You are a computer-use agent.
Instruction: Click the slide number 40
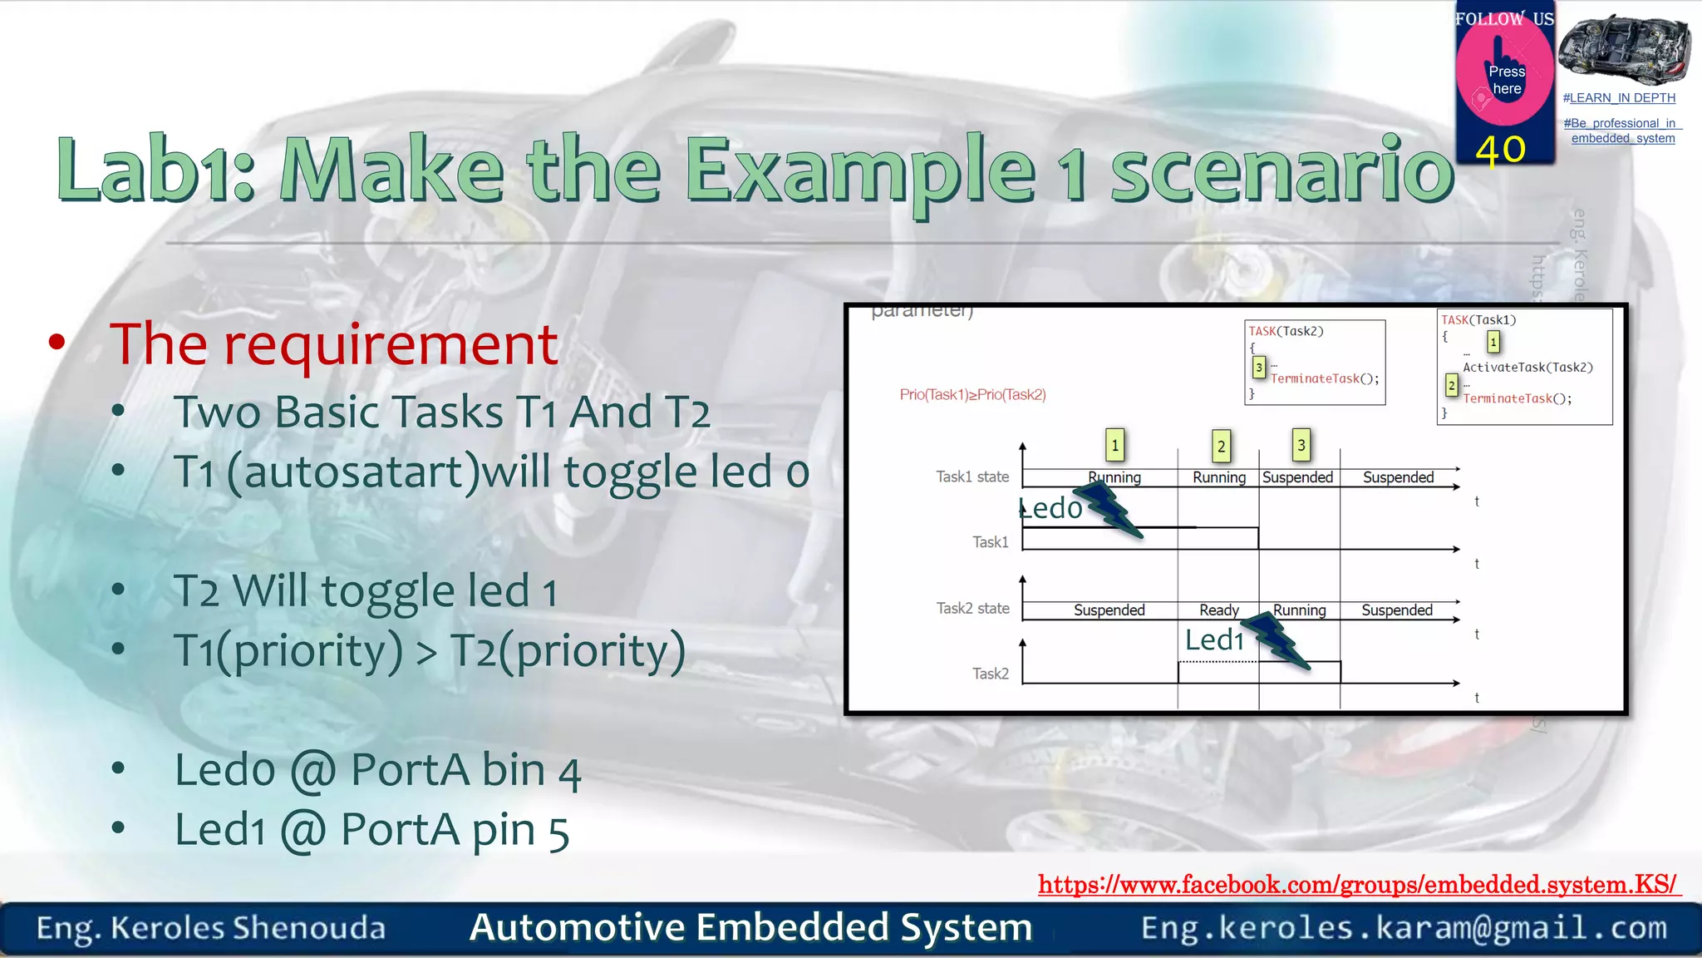tap(1500, 150)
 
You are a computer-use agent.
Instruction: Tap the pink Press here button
tap(1506, 81)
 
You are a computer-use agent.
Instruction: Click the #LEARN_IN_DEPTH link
tap(1619, 98)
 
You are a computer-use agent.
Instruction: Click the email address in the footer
tap(1404, 927)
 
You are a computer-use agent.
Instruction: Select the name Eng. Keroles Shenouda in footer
tap(211, 928)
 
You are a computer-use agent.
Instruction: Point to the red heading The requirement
tap(333, 343)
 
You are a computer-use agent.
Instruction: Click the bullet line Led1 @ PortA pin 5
tap(371, 830)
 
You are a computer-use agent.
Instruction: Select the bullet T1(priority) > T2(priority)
tap(430, 650)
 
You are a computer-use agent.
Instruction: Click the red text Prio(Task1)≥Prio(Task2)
tap(972, 394)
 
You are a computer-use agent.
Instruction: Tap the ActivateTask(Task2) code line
tap(1527, 368)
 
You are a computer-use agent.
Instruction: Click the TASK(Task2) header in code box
tap(1286, 331)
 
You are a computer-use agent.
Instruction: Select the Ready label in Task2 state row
tap(1218, 610)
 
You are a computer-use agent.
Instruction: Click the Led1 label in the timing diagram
tap(1214, 639)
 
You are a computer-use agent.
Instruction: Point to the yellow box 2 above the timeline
tap(1221, 446)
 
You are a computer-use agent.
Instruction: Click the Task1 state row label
tap(972, 477)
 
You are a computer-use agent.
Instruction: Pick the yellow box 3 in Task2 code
tap(1258, 367)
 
